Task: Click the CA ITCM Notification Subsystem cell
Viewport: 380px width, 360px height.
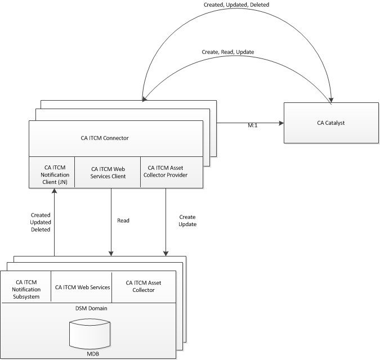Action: click(27, 289)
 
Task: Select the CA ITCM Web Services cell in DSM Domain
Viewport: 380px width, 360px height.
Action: click(82, 287)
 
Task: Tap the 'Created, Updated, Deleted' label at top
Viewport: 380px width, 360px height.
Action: click(236, 4)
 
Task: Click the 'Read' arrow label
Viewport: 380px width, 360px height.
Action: click(123, 220)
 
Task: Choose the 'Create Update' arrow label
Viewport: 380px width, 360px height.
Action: click(187, 221)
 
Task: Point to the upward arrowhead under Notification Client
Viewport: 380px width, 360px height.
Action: click(55, 192)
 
